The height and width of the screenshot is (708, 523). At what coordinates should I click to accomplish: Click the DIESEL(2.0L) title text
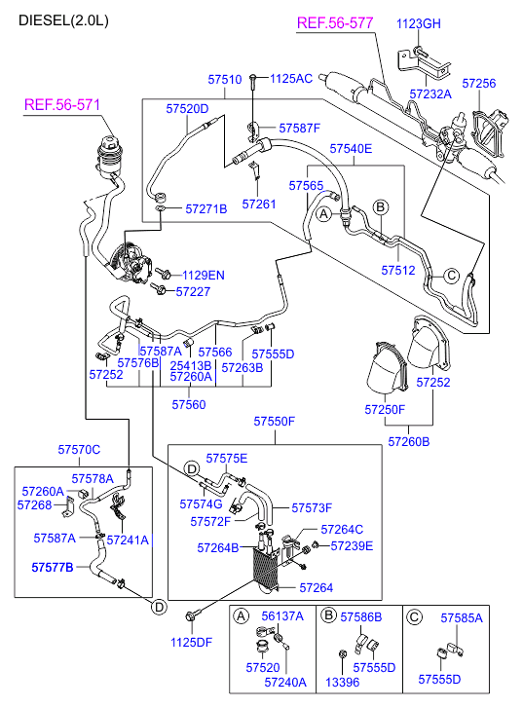pyautogui.click(x=63, y=20)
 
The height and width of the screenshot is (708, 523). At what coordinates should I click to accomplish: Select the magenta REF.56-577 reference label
pyautogui.click(x=335, y=23)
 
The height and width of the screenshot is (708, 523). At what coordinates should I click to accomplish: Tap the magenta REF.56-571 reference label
pyautogui.click(x=62, y=105)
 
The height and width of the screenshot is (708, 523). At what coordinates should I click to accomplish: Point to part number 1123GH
pyautogui.click(x=418, y=23)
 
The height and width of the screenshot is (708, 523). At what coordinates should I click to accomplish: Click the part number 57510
pyautogui.click(x=224, y=80)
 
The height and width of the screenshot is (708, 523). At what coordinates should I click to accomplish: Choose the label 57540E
pyautogui.click(x=351, y=149)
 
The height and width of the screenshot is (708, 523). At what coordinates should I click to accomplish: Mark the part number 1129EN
pyautogui.click(x=203, y=275)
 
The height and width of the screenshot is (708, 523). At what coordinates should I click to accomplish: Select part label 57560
pyautogui.click(x=189, y=404)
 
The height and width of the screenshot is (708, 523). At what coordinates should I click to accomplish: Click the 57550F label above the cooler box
pyautogui.click(x=274, y=422)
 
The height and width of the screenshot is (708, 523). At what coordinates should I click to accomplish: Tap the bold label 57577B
pyautogui.click(x=53, y=567)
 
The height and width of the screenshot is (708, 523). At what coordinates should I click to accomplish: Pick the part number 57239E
pyautogui.click(x=352, y=546)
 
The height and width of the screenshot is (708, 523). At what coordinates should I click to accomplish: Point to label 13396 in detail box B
pyautogui.click(x=343, y=683)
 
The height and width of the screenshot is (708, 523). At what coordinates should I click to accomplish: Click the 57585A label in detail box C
pyautogui.click(x=462, y=617)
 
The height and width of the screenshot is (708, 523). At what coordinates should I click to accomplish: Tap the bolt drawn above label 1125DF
pyautogui.click(x=190, y=616)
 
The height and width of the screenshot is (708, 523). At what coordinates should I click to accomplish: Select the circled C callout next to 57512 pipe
pyautogui.click(x=451, y=275)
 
